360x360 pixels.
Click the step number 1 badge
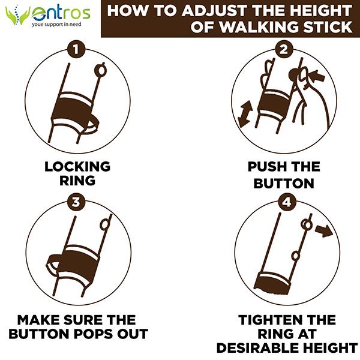click(76, 49)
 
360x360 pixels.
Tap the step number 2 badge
click(284, 49)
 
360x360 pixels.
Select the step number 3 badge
click(76, 202)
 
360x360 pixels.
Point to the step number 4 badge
click(287, 202)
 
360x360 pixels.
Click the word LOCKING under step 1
click(77, 167)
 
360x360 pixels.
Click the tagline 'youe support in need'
click(56, 24)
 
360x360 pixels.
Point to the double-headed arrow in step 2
click(245, 113)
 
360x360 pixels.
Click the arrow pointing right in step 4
click(324, 231)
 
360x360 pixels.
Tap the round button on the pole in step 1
click(100, 70)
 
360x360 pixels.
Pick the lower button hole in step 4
click(295, 256)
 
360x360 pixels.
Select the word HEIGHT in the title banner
click(328, 11)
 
